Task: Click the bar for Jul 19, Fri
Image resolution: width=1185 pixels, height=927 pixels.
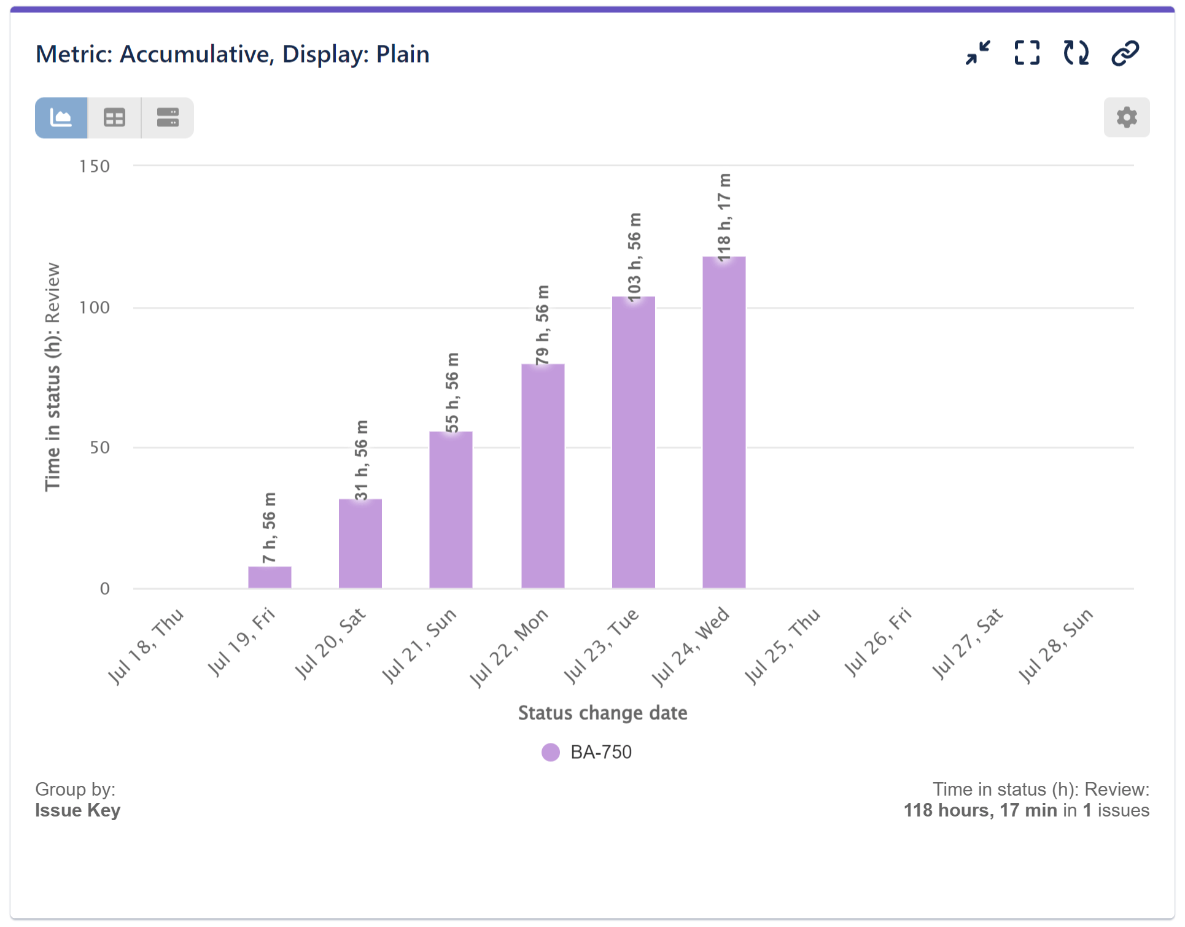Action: point(270,577)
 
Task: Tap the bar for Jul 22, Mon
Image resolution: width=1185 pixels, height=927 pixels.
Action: point(543,476)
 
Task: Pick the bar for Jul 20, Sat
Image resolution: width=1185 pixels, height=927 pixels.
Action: point(360,543)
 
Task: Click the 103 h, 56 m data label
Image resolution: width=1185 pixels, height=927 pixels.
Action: point(634,257)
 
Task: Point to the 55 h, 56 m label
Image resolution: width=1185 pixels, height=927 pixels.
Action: point(452,393)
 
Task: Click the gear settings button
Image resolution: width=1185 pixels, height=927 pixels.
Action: point(1126,117)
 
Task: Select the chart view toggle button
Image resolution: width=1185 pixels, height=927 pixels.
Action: point(61,117)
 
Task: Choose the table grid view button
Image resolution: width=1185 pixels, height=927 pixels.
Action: point(114,117)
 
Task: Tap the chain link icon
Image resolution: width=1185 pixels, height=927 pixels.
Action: point(1125,53)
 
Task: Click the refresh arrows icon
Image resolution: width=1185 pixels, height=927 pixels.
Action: point(1076,53)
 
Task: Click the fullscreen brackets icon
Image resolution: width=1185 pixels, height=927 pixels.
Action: point(1027,53)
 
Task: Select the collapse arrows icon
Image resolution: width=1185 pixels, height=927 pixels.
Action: point(977,53)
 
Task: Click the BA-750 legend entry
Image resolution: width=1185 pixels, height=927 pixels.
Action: point(588,752)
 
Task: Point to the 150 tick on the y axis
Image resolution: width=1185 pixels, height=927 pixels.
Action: point(95,166)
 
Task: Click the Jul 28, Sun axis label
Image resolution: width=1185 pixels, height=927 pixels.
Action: point(1056,646)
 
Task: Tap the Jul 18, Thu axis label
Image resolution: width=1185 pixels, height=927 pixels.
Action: point(146,646)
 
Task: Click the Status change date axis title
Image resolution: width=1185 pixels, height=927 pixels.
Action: point(602,713)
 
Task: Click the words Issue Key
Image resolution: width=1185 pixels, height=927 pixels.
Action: point(78,810)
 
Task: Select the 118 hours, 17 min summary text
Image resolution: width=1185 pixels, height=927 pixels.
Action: point(980,810)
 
